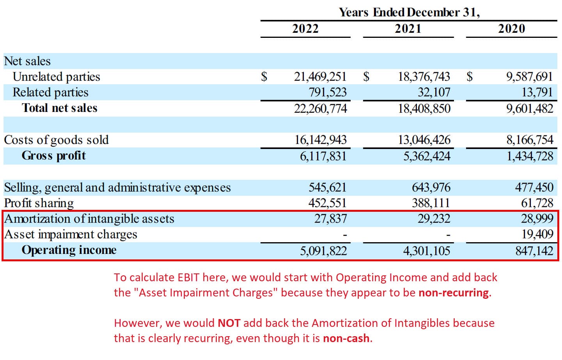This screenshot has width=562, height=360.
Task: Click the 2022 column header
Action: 305,28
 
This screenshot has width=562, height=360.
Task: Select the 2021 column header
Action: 408,28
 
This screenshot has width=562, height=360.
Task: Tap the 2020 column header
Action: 511,28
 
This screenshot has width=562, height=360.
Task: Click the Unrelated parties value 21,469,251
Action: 320,77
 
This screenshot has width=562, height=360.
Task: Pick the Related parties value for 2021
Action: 434,92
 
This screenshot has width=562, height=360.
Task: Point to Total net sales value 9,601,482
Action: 529,108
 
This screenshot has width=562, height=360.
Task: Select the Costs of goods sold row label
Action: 56,140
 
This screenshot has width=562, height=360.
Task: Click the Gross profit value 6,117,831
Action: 323,156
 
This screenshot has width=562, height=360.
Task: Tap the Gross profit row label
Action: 53,156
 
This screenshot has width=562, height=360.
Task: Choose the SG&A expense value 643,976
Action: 431,188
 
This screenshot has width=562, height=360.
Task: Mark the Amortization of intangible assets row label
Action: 89,219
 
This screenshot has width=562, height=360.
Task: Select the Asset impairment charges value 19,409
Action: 537,234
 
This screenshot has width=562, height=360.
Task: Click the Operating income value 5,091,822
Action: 323,250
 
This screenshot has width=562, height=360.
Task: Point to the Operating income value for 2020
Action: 534,250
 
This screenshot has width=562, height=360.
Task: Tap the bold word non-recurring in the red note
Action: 453,293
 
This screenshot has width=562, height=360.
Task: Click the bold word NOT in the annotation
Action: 229,323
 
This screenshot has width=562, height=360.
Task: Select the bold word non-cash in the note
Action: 346,339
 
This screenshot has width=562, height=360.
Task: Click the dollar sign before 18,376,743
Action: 366,77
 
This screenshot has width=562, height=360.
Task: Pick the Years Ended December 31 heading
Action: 409,12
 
